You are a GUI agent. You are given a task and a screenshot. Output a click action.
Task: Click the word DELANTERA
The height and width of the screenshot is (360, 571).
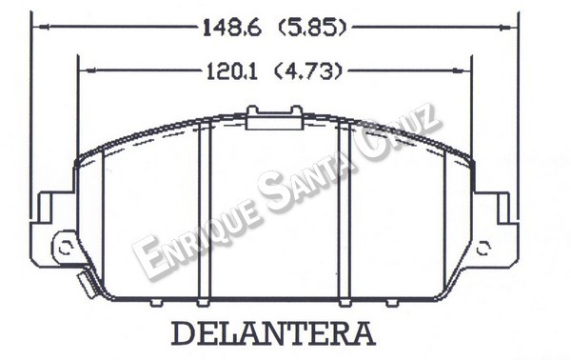272,334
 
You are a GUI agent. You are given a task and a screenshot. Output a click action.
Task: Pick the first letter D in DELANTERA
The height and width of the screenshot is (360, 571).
182,334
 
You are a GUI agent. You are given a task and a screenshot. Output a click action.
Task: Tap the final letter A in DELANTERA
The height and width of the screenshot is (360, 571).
363,334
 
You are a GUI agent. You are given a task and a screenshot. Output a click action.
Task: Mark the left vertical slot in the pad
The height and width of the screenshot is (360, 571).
203,214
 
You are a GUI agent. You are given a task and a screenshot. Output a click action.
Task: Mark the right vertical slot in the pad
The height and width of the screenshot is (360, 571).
345,214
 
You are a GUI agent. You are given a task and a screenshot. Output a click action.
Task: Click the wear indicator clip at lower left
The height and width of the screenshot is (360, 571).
83,283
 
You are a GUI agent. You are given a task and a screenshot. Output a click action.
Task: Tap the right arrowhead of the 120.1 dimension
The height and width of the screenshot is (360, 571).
469,70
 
